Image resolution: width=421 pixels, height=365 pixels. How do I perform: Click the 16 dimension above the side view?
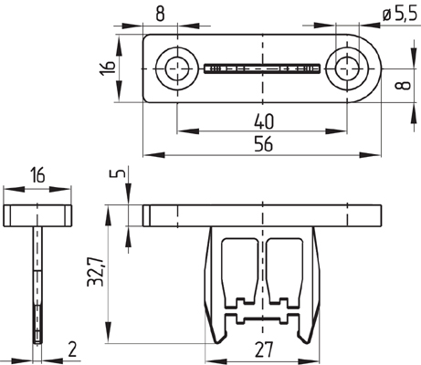point(37,174)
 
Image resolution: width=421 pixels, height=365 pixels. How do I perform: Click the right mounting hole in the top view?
point(349,68)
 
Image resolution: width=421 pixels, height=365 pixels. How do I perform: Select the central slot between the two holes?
point(261,68)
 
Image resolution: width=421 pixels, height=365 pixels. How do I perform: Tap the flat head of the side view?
point(38,216)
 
